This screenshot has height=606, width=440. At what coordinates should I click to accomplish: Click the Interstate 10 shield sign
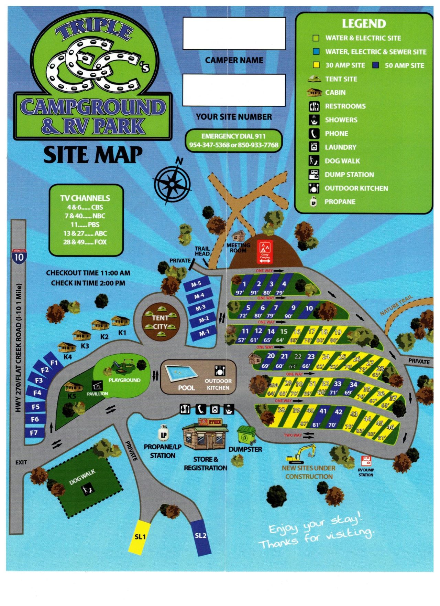point(19,257)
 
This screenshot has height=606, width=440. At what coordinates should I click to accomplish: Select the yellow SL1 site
point(140,537)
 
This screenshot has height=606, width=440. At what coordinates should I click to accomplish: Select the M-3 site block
point(201,307)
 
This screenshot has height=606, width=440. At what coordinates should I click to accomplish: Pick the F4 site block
point(37,393)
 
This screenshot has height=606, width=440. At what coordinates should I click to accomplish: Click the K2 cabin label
point(104,336)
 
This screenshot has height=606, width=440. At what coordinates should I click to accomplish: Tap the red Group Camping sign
point(265,252)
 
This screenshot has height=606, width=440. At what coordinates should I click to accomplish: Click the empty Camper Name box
point(234,34)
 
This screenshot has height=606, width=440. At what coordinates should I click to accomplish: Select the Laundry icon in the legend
point(313,147)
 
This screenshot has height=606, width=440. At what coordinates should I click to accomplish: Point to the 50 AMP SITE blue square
point(376,65)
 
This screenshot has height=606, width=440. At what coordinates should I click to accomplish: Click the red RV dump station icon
point(366,461)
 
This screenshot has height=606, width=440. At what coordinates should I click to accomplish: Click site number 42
point(339,412)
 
